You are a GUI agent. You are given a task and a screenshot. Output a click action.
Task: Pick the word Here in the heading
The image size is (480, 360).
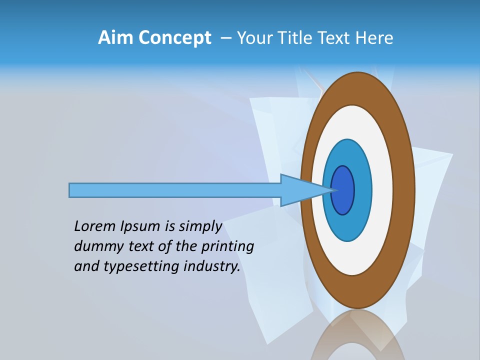(x=374, y=38)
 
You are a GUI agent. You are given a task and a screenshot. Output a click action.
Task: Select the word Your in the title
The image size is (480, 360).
(x=252, y=38)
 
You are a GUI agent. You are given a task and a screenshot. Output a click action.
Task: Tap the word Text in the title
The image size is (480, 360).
(x=334, y=38)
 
